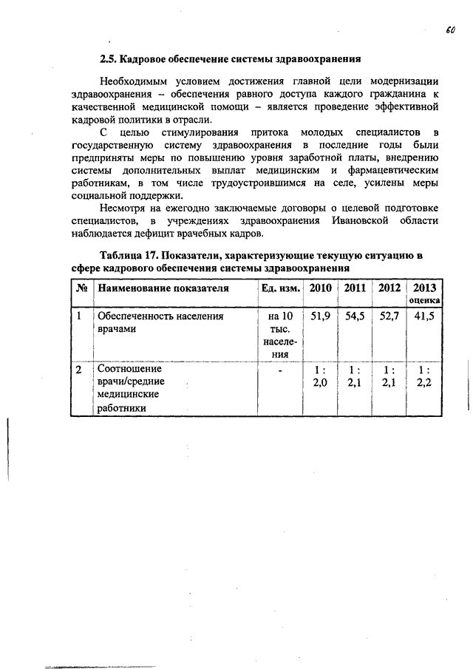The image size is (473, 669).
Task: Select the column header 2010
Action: [321, 288]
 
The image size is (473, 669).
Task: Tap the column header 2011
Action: [355, 288]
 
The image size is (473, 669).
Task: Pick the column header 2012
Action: [389, 288]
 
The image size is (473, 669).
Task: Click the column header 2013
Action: [425, 288]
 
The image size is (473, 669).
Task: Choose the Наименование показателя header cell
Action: [163, 288]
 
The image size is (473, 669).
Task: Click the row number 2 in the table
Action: [78, 369]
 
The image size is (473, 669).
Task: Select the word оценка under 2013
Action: [425, 301]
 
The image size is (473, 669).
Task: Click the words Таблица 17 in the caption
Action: [126, 256]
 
